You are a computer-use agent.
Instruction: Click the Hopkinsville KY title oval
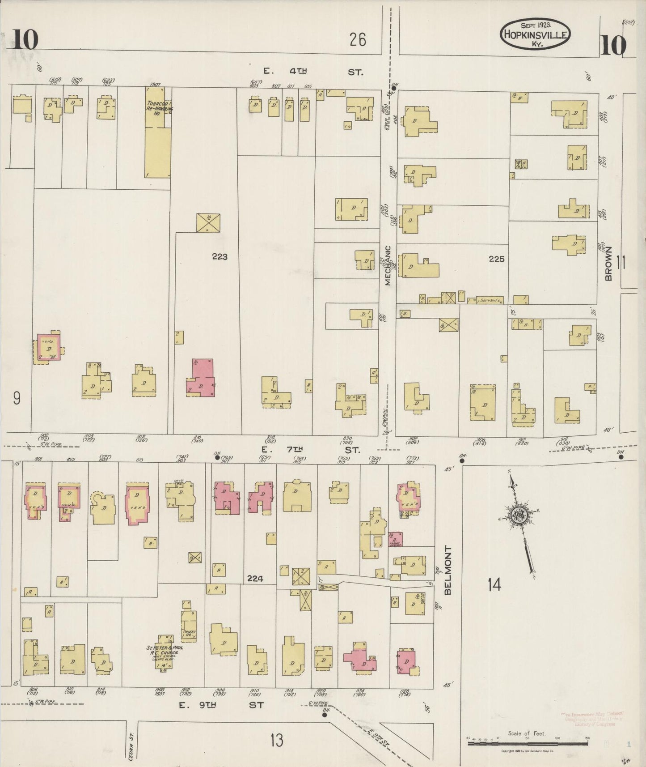tap(535, 34)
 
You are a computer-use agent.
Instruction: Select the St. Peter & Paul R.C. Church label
tap(165, 650)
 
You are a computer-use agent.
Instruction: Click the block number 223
tap(220, 256)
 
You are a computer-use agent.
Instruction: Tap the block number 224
tap(255, 579)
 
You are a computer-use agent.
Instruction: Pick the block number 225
tap(496, 259)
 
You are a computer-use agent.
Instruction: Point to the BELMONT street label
tap(448, 570)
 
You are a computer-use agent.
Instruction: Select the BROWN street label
tap(608, 264)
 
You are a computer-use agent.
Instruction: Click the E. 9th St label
tap(221, 705)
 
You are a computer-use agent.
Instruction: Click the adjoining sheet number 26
tap(358, 40)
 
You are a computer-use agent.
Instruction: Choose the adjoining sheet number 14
tap(494, 584)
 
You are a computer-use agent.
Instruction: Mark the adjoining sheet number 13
tap(276, 740)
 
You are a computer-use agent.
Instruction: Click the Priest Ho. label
tap(189, 634)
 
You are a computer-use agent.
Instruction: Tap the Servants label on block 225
tap(490, 300)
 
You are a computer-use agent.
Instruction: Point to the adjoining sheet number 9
tap(17, 397)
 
